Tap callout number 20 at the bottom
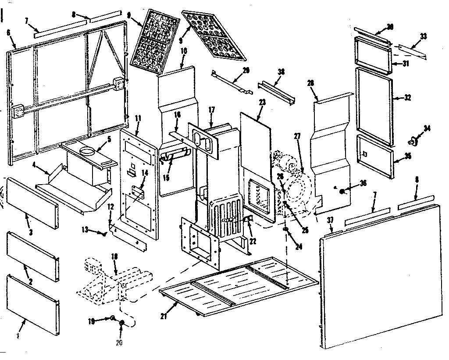119,342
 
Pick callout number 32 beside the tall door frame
407,98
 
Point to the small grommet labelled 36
342,190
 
